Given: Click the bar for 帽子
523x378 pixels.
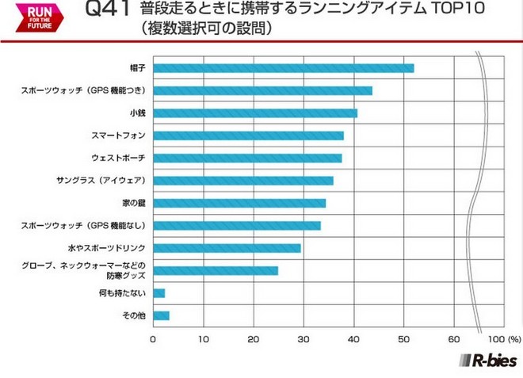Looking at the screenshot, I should tap(283, 68).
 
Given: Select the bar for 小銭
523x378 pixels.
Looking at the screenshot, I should tap(254, 113).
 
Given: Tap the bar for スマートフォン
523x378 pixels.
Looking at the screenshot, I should tap(248, 136).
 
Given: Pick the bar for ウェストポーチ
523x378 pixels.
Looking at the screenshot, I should tap(247, 158).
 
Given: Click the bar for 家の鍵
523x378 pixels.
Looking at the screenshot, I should tap(239, 204).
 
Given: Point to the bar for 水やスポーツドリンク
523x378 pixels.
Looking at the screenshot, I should tap(227, 248).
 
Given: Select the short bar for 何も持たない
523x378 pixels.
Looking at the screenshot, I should tap(158, 293).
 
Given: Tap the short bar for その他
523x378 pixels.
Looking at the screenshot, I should tap(161, 315).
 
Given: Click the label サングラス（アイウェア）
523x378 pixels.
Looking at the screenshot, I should tap(99, 181).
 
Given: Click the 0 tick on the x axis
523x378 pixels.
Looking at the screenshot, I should tap(153, 338).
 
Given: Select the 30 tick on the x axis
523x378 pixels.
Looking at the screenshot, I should tap(303, 338).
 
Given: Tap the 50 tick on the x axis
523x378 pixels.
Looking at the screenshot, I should tap(404, 338).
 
